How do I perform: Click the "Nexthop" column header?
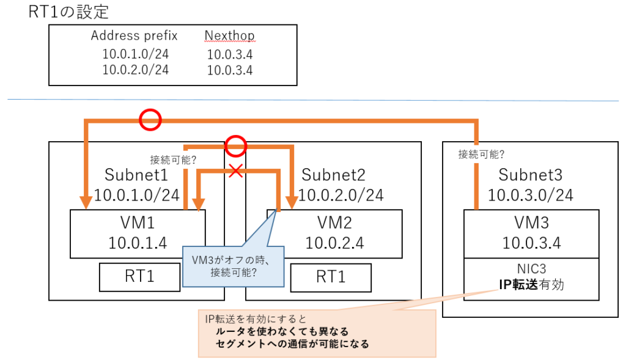point(230,36)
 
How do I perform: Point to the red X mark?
point(235,171)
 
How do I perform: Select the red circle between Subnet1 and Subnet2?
point(235,146)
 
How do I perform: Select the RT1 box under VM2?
point(331,276)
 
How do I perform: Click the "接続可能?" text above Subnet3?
point(482,155)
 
